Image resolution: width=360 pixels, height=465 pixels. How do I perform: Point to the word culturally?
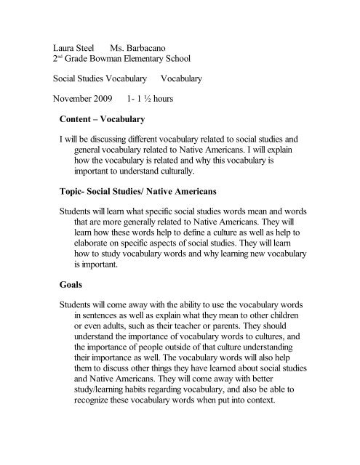[x=211, y=171]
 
